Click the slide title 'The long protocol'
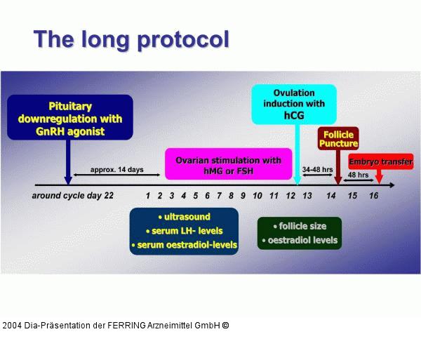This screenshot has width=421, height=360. pyautogui.click(x=131, y=39)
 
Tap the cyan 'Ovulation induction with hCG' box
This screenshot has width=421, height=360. pyautogui.click(x=295, y=105)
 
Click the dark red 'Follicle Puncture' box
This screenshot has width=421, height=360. pyautogui.click(x=338, y=138)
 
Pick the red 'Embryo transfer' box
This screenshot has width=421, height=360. pyautogui.click(x=381, y=162)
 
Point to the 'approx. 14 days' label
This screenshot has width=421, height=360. pyautogui.click(x=116, y=170)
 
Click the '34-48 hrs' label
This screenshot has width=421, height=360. pyautogui.click(x=316, y=170)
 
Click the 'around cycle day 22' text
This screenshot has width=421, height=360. pyautogui.click(x=73, y=196)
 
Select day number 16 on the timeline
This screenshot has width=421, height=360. pyautogui.click(x=373, y=196)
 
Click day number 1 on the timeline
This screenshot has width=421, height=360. pyautogui.click(x=148, y=196)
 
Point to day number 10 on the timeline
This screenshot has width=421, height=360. pyautogui.click(x=258, y=196)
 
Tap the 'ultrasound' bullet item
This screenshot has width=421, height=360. pyautogui.click(x=184, y=216)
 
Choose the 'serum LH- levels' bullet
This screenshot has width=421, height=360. pyautogui.click(x=184, y=231)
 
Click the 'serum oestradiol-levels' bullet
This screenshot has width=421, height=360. pyautogui.click(x=184, y=245)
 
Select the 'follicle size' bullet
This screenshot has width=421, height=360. pyautogui.click(x=299, y=226)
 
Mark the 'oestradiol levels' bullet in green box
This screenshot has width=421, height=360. pyautogui.click(x=299, y=240)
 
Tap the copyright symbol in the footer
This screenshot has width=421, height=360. pyautogui.click(x=225, y=326)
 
